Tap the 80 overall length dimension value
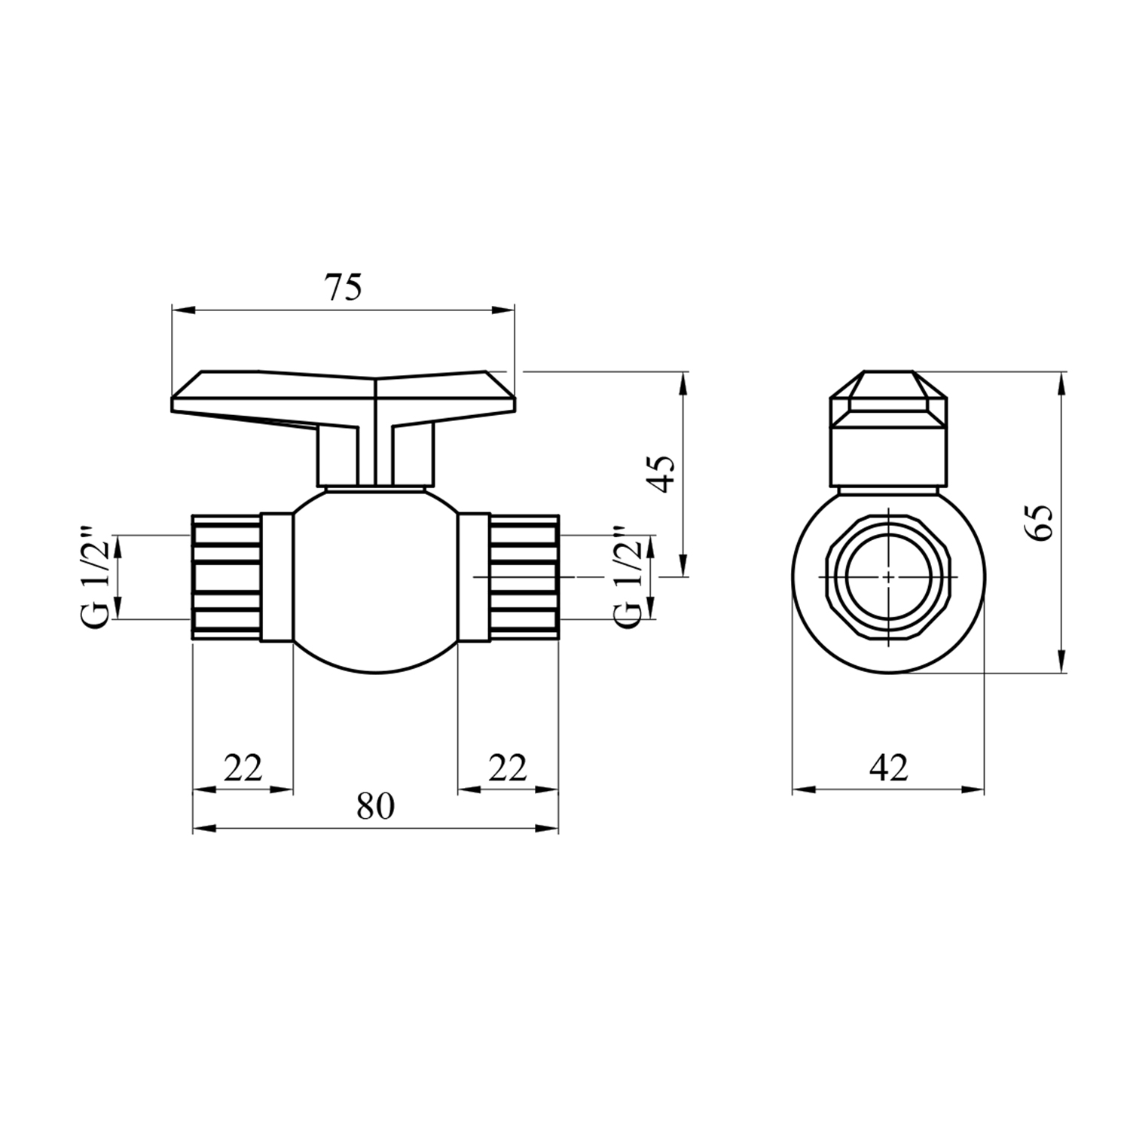point(375,807)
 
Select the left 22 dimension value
point(243,768)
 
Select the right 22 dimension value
point(508,768)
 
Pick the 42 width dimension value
point(889,768)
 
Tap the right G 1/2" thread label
point(629,576)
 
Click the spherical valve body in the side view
point(374,580)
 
